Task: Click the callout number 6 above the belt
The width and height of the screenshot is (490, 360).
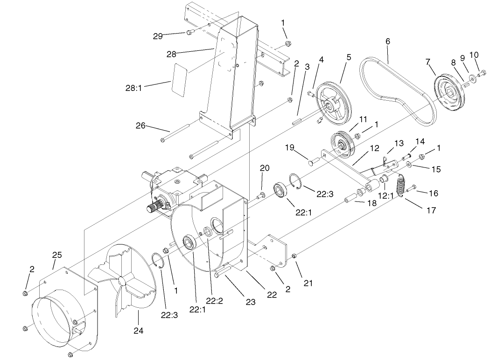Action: click(387, 42)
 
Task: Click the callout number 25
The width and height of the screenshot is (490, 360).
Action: click(56, 256)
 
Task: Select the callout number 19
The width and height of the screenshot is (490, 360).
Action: click(290, 148)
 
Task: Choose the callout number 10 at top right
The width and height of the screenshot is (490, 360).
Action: click(474, 55)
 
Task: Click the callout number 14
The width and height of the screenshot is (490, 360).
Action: click(420, 141)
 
